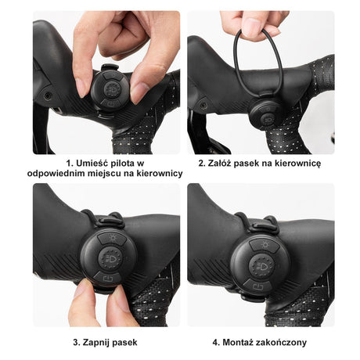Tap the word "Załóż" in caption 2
click(x=219, y=163)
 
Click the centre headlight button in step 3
click(x=110, y=259)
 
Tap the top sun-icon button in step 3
click(x=113, y=239)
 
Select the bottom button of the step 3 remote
click(x=107, y=279)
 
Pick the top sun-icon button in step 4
click(x=265, y=246)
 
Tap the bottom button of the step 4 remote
click(x=258, y=286)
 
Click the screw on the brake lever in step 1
click(x=48, y=95)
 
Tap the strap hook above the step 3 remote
click(x=111, y=221)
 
